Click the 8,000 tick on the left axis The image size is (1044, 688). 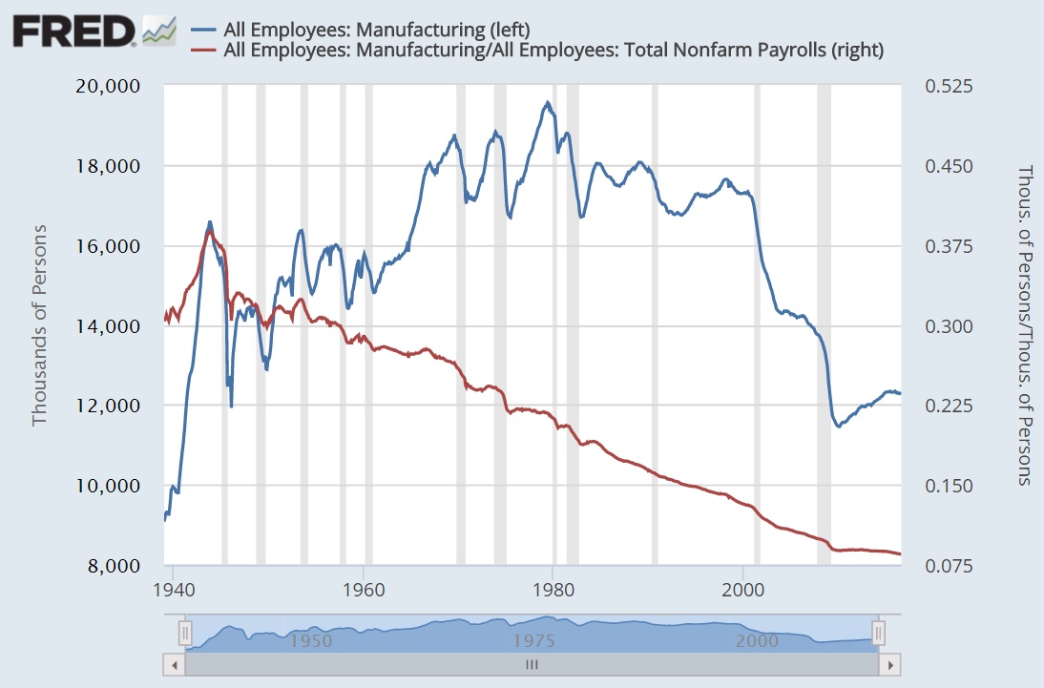[x=119, y=566]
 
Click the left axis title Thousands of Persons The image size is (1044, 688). [x=39, y=325]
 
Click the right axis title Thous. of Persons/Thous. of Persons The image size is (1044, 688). [x=1026, y=325]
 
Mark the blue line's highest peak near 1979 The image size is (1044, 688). [x=548, y=102]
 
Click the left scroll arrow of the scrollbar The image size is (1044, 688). [x=173, y=663]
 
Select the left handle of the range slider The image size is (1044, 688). [x=186, y=633]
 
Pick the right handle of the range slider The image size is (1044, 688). [x=879, y=633]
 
